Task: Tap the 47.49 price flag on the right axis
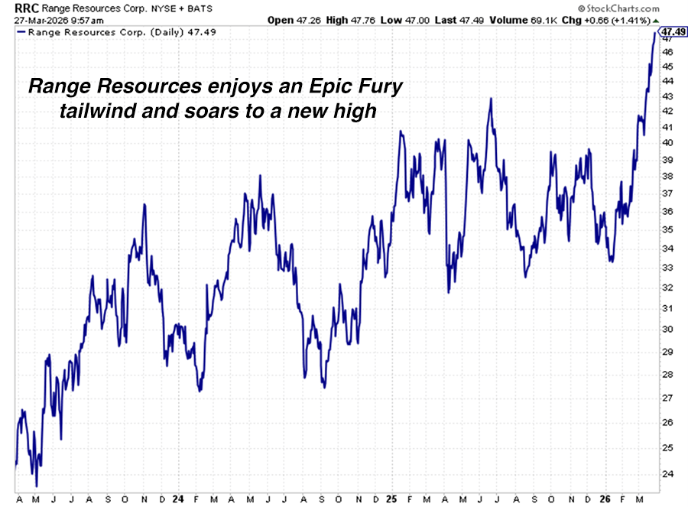[x=672, y=32]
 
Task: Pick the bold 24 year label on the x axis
[x=177, y=499]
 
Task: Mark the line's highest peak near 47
[x=655, y=34]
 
